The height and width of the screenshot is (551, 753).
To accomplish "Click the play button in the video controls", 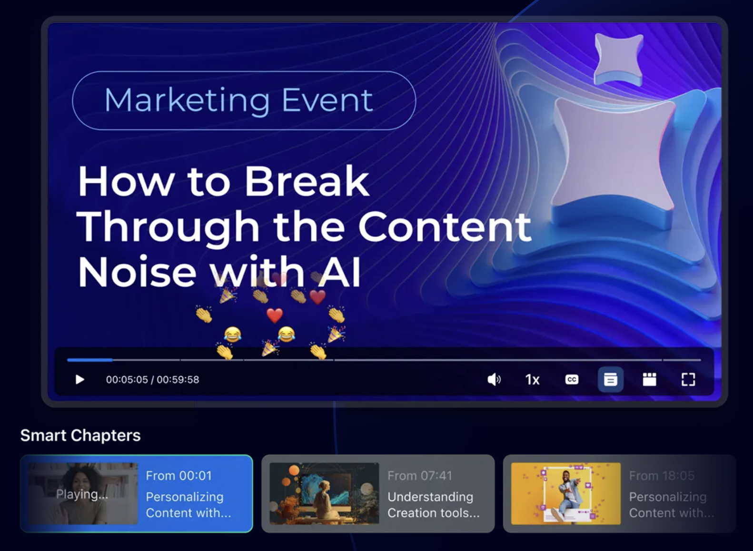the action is click(x=79, y=380).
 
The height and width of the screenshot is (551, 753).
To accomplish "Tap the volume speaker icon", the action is click(x=494, y=380).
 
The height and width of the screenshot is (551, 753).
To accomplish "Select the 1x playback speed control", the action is click(x=532, y=380).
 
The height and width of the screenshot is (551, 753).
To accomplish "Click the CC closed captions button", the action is click(x=572, y=379).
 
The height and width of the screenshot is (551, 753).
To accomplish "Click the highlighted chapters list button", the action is click(x=611, y=380).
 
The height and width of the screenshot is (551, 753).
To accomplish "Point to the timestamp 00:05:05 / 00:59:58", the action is click(x=153, y=380).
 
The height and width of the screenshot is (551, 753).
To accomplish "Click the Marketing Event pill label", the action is click(x=244, y=100).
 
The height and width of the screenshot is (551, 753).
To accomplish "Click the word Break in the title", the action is click(x=307, y=181).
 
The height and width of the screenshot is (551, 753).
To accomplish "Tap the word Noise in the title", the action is click(x=137, y=272).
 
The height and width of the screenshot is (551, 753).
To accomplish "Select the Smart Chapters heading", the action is click(x=80, y=435).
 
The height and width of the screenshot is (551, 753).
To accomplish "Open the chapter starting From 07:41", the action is click(x=378, y=493).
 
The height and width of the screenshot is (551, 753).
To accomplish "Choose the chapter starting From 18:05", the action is click(x=620, y=493).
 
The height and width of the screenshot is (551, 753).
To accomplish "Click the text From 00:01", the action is click(x=179, y=476).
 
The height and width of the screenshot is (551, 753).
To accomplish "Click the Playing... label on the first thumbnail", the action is click(x=82, y=494).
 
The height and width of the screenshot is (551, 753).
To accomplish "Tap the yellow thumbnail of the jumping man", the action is click(x=566, y=493).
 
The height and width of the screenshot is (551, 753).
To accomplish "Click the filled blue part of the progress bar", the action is click(x=90, y=360).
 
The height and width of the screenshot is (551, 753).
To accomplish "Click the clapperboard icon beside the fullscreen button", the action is click(x=649, y=380).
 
